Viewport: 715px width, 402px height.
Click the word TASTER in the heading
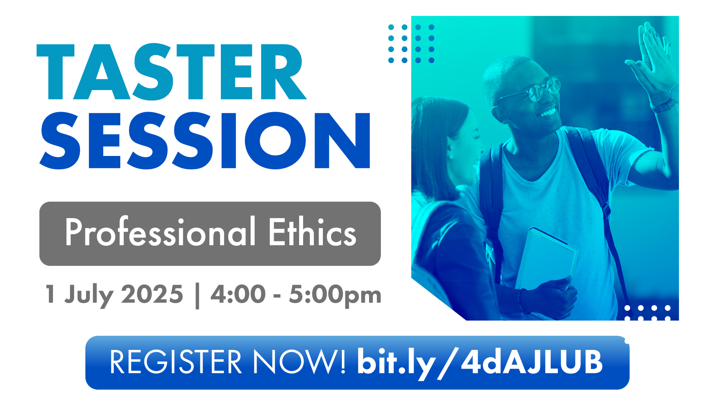pos(171,72)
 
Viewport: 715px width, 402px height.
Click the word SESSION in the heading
pos(205,140)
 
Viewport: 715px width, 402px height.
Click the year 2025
pos(152,294)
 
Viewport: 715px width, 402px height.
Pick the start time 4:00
pos(238,294)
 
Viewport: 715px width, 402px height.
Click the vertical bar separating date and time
pos(197,296)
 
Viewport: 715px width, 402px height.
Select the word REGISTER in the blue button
pos(176,361)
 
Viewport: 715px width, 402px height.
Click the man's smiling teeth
pos(547,112)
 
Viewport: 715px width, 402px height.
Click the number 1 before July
pos(50,294)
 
